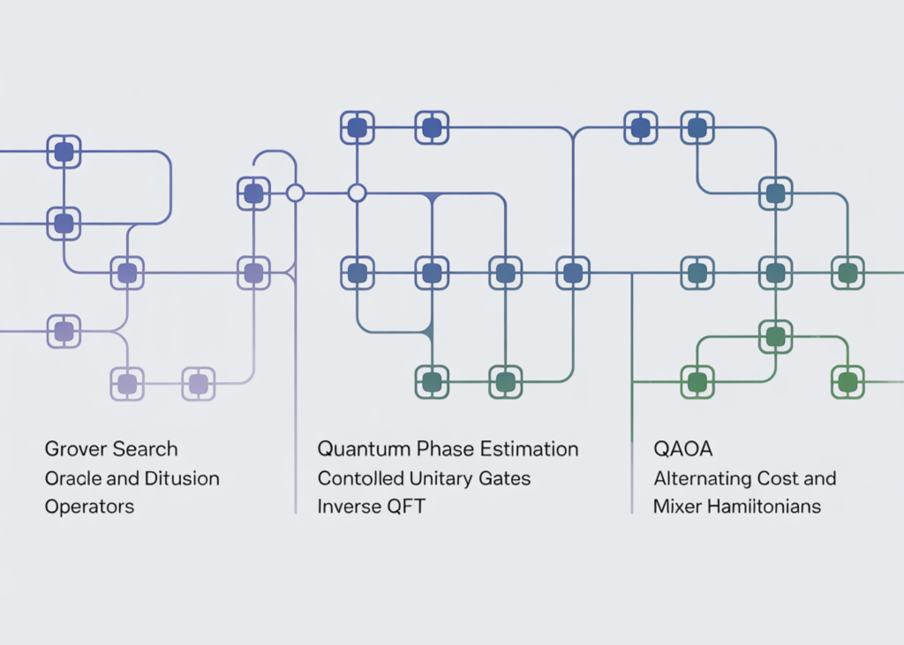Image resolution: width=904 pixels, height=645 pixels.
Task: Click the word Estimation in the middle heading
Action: tap(529, 449)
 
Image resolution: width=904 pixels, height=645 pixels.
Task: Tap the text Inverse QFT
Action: tap(371, 507)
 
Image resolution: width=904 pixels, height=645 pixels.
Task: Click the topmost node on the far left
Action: tap(64, 152)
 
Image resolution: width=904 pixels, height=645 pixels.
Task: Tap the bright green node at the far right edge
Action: tap(847, 382)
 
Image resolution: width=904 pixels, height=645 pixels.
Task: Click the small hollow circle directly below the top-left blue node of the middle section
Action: tap(357, 192)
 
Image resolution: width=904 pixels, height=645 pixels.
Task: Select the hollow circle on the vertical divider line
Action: tap(295, 192)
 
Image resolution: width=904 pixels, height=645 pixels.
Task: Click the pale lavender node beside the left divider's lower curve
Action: tap(198, 383)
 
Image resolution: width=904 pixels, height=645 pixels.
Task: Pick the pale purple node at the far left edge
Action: tap(64, 331)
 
